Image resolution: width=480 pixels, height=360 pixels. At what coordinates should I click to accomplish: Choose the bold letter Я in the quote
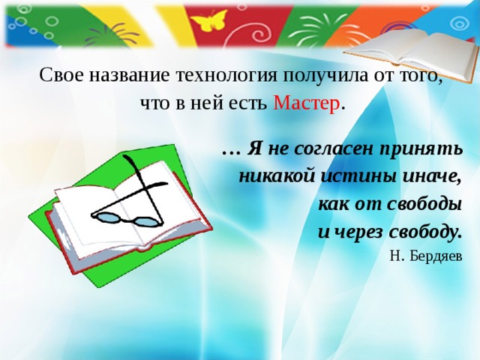[x=255, y=148]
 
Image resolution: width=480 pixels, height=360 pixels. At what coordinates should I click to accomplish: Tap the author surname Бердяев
[x=436, y=256]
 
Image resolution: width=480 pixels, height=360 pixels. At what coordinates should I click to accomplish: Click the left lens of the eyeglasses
[x=111, y=217]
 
